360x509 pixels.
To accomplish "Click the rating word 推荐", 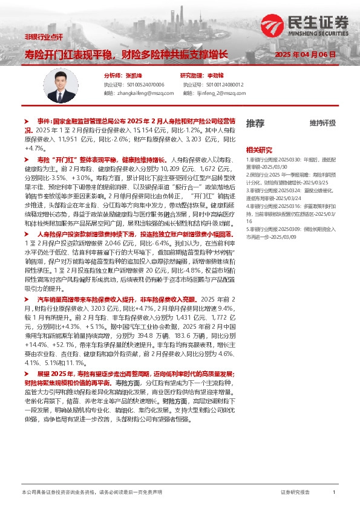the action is click(255, 123).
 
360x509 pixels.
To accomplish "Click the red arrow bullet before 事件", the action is click(27, 122).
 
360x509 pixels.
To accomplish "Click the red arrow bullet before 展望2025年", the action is click(27, 375).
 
